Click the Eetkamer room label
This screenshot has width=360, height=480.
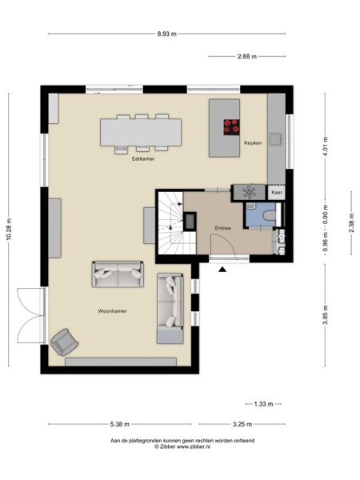click(x=143, y=159)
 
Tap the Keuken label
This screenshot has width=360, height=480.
click(x=254, y=142)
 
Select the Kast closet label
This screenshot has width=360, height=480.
click(x=277, y=193)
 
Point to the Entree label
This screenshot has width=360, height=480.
click(x=222, y=228)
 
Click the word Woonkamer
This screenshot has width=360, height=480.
click(x=113, y=310)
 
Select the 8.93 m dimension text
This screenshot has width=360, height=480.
click(x=166, y=34)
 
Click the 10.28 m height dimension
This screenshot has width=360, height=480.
click(x=9, y=230)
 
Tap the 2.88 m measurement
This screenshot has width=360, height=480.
click(x=246, y=56)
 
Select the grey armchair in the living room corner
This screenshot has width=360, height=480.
click(x=63, y=342)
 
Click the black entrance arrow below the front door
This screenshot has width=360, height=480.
click(x=222, y=269)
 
